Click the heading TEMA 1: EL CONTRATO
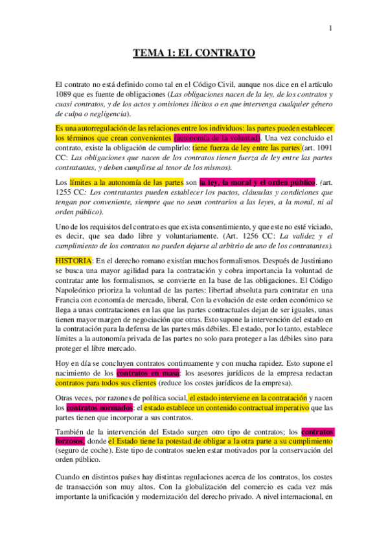pos(194,54)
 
